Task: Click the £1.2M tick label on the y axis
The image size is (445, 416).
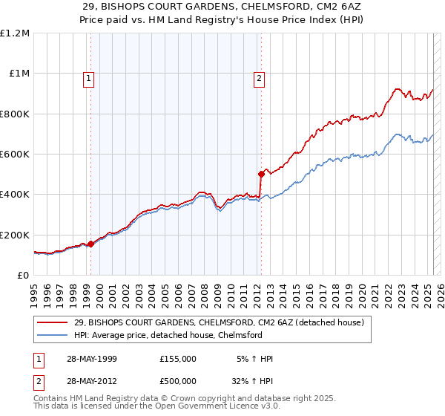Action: [15, 33]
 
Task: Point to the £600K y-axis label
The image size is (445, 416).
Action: [15, 155]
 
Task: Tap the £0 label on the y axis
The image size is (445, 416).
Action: [24, 276]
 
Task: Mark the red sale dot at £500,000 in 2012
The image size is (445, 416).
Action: [261, 175]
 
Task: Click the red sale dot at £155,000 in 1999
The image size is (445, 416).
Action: [90, 244]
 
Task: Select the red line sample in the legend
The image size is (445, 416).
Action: [53, 323]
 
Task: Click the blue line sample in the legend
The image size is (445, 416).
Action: [53, 335]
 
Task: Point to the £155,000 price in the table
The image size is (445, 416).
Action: [178, 359]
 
